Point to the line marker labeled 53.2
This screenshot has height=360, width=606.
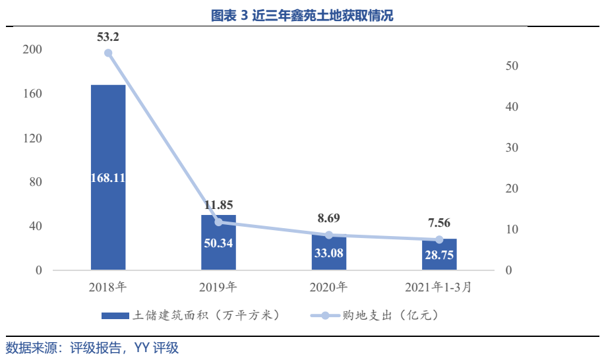108,53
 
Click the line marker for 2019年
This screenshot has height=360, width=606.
218,222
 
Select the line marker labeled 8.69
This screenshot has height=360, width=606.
329,235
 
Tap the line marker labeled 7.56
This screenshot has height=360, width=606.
439,239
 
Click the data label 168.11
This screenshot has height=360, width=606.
108,177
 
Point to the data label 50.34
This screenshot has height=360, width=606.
218,243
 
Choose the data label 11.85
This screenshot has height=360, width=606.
218,205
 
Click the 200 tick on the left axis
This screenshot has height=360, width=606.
32,50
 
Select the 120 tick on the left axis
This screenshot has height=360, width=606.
32,138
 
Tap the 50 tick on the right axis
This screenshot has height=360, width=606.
512,66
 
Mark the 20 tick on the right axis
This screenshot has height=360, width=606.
512,189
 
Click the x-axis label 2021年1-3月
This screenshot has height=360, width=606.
439,287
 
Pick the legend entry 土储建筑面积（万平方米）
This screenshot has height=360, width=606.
191,315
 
